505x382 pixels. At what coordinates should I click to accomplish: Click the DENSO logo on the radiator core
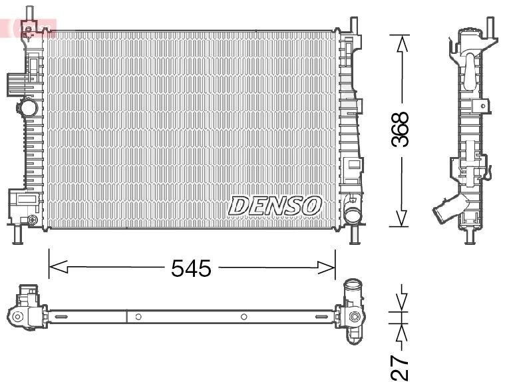click(x=275, y=205)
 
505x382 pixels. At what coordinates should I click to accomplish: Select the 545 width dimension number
click(x=191, y=268)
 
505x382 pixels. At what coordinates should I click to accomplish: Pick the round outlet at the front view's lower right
click(x=352, y=214)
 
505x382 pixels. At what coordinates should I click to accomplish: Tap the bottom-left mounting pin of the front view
click(x=18, y=234)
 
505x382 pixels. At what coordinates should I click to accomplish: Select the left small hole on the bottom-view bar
click(x=138, y=317)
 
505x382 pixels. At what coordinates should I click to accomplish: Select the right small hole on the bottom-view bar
click(x=244, y=317)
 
